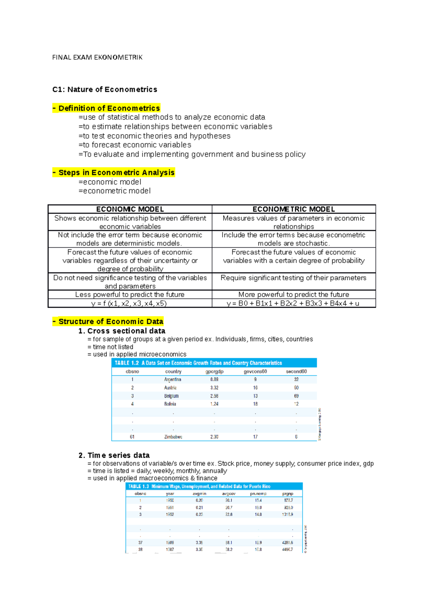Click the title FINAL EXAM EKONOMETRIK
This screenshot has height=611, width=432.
(97, 57)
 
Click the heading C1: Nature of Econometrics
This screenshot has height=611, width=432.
(105, 90)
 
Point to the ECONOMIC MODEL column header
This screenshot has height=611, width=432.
(130, 209)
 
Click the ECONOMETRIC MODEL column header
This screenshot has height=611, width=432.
(294, 209)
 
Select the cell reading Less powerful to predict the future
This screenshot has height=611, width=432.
(130, 295)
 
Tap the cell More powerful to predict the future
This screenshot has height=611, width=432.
(294, 295)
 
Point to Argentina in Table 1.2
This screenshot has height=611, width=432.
(173, 380)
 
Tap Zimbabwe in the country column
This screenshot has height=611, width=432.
(173, 437)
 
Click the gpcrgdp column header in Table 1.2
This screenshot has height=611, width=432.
(214, 372)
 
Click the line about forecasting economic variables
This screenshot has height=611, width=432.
(135, 145)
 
